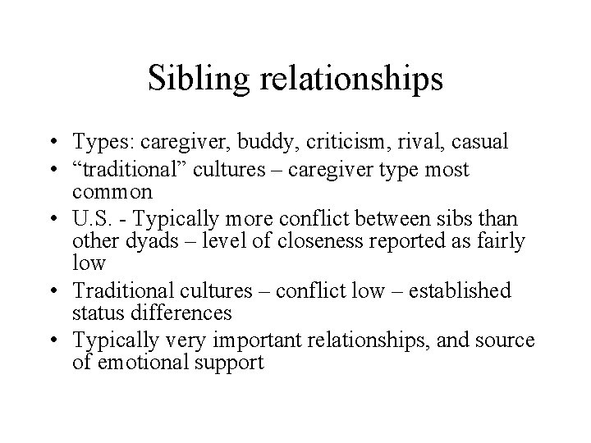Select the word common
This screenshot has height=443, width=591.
coord(112,193)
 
